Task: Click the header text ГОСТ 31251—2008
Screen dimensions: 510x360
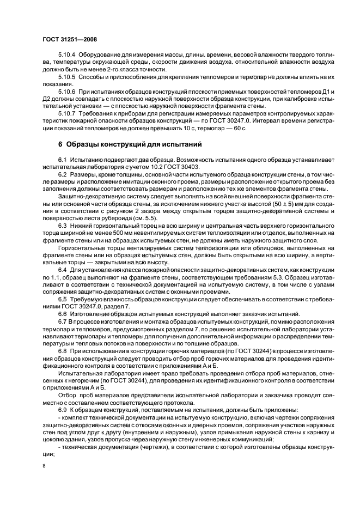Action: (x=69, y=40)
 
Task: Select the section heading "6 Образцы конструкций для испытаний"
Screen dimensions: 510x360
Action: (x=130, y=145)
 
